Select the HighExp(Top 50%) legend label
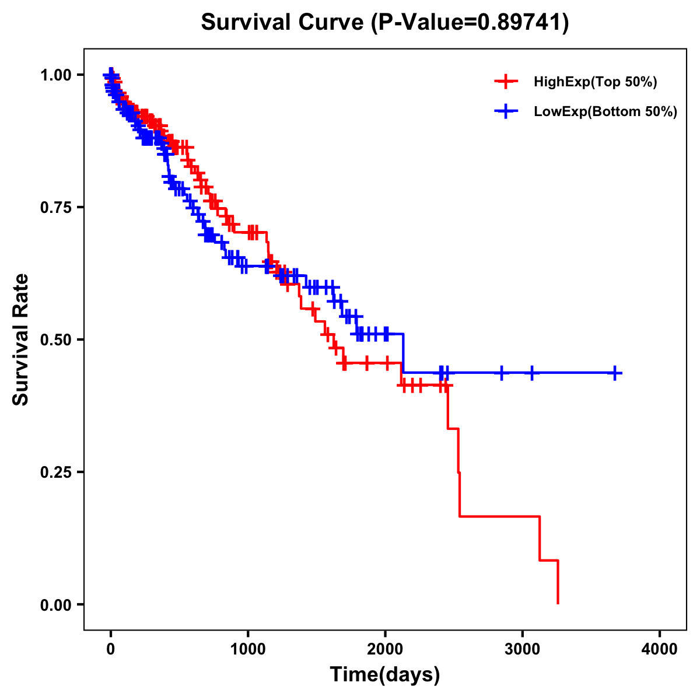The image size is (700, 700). pyautogui.click(x=595, y=82)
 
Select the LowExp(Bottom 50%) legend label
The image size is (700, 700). pyautogui.click(x=605, y=111)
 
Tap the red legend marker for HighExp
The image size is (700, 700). pyautogui.click(x=506, y=82)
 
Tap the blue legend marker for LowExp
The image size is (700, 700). pyautogui.click(x=506, y=111)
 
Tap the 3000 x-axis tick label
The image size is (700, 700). pyautogui.click(x=523, y=649)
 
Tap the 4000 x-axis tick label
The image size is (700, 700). pyautogui.click(x=660, y=649)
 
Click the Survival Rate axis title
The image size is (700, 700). pyautogui.click(x=21, y=339)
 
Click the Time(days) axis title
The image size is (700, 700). pyautogui.click(x=384, y=675)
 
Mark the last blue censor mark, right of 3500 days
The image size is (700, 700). pyautogui.click(x=615, y=373)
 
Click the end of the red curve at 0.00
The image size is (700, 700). pyautogui.click(x=558, y=603)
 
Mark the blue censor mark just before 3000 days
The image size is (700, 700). pyautogui.click(x=501, y=373)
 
